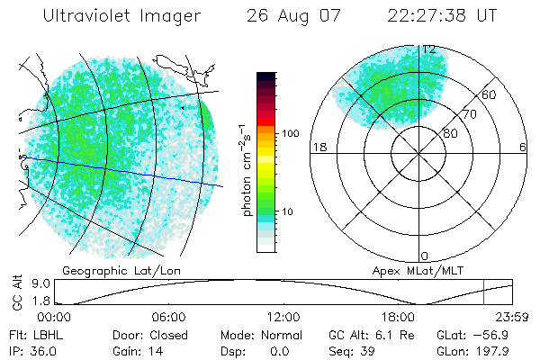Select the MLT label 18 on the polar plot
(318, 147)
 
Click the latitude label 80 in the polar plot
(450, 133)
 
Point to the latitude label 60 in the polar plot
(490, 94)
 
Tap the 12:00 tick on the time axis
(283, 317)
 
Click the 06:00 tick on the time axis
(168, 317)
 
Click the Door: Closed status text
(140, 334)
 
